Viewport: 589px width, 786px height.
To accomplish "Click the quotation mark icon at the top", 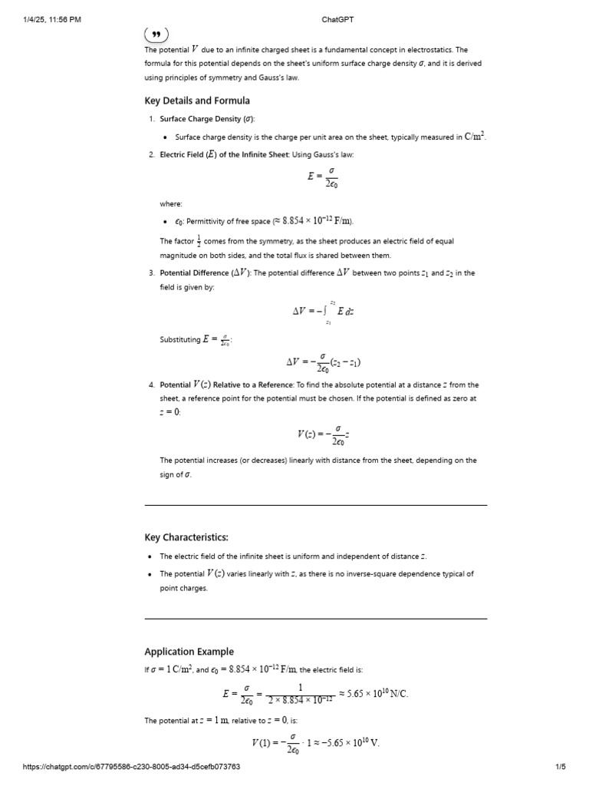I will (156, 34).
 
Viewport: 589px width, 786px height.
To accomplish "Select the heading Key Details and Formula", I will (197, 101).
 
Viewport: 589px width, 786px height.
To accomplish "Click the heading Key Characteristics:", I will (186, 537).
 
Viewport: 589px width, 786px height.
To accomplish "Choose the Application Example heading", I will (189, 652).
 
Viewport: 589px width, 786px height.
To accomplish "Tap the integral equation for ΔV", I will (323, 312).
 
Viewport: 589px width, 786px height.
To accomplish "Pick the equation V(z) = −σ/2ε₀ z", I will (323, 436).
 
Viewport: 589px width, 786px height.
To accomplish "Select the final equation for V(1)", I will (315, 744).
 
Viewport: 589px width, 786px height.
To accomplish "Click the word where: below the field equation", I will (171, 203).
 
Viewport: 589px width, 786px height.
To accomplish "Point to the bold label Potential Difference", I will (194, 272).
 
